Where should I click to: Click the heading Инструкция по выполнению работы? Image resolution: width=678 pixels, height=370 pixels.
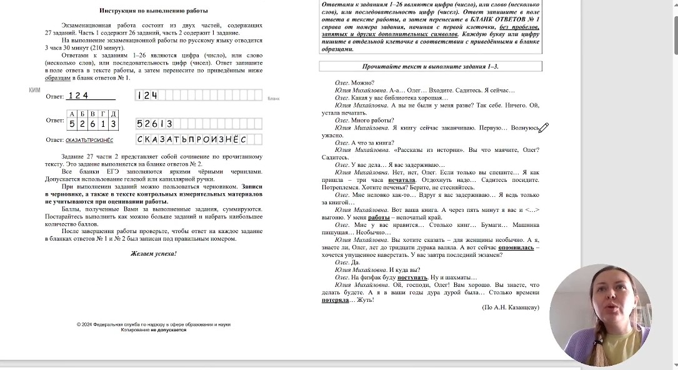point(154,11)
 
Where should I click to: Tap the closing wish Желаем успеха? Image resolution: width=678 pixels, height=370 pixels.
point(154,254)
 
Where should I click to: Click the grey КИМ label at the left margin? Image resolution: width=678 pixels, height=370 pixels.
point(34,91)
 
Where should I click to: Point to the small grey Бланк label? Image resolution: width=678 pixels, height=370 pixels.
point(274,99)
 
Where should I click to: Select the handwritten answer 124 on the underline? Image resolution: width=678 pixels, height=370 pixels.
point(79,96)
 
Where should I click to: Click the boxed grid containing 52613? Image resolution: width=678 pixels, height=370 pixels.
point(199,124)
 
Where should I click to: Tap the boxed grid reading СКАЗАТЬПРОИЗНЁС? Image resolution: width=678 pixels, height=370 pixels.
point(199,139)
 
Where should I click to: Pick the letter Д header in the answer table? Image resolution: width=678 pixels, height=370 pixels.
point(113,114)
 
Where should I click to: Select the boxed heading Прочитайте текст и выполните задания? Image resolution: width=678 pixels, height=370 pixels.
point(431,66)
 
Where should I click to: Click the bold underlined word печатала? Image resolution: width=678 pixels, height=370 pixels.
point(402,180)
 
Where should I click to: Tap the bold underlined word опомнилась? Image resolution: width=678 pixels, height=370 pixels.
point(516,247)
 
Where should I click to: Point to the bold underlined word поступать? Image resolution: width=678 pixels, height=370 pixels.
point(412,277)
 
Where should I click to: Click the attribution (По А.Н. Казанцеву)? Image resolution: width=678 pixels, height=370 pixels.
point(511,307)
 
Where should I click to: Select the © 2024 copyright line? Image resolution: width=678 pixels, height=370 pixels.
point(154,324)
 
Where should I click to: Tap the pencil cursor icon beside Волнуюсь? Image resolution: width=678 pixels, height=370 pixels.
point(543,128)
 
